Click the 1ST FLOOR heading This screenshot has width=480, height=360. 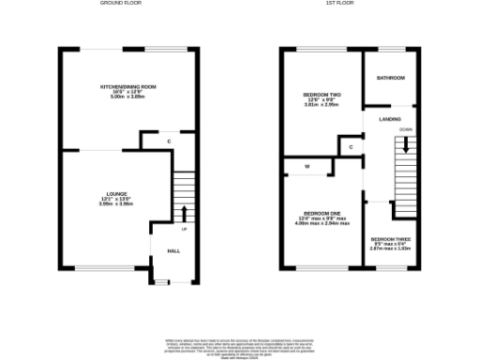[338, 4]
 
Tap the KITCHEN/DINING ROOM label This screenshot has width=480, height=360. [128, 87]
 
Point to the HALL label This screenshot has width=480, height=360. [173, 251]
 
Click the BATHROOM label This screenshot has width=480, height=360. [390, 79]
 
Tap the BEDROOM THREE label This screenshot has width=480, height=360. [388, 240]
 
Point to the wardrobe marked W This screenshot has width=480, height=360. [307, 167]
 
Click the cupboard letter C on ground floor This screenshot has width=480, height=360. [169, 142]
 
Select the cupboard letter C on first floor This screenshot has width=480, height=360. [350, 148]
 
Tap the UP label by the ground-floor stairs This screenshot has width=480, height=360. [185, 230]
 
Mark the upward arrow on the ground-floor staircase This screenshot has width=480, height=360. [184, 212]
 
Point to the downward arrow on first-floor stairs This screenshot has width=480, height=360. [406, 146]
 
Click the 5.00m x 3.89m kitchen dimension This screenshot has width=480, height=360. [128, 97]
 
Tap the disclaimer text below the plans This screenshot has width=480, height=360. [240, 343]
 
